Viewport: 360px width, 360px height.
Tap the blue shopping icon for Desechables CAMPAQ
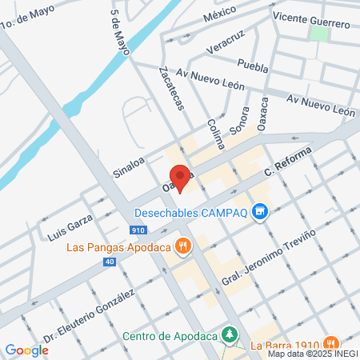[x=258, y=212]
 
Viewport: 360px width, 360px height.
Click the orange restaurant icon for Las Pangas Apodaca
[x=184, y=247]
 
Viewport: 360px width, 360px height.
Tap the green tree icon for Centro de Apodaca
[x=230, y=334]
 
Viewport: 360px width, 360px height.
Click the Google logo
[x=26, y=350]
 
